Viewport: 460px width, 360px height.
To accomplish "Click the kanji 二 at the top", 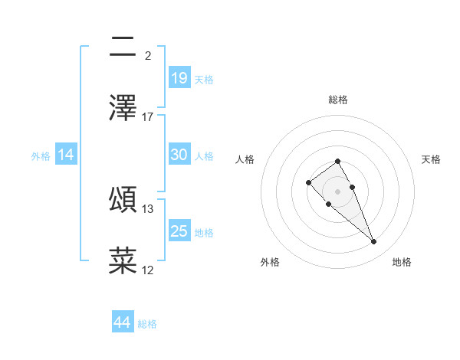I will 123,47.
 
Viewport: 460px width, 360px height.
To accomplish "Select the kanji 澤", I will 123,108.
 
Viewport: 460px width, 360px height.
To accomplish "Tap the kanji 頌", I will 123,200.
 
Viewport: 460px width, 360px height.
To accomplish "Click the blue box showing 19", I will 179,77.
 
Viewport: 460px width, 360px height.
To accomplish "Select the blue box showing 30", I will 179,155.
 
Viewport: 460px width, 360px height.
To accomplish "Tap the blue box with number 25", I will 179,231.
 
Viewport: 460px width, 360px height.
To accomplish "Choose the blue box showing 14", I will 66,155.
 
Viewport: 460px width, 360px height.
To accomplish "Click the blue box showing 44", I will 123,322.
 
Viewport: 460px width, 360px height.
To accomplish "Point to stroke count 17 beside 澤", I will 148,116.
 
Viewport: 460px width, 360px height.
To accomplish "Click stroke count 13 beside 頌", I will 148,208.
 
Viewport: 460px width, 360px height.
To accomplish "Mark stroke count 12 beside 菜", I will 148,270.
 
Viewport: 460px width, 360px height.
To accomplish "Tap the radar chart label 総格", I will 338,100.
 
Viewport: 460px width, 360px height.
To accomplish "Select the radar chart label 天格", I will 432,159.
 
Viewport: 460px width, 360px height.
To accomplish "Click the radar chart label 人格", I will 245,159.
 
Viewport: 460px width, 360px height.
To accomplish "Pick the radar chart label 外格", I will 270,262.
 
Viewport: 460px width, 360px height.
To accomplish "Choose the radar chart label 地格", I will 402,262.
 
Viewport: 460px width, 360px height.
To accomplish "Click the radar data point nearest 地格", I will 374,242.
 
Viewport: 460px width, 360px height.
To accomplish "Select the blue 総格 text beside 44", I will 147,324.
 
